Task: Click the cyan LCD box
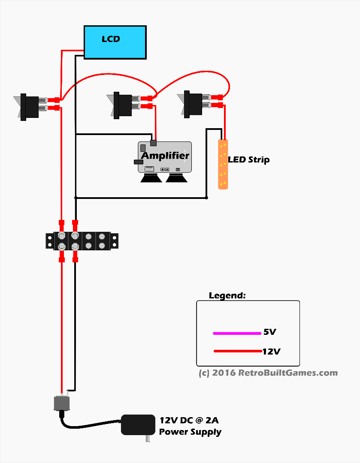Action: tap(115, 42)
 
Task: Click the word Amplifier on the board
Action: tap(165, 156)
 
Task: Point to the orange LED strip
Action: tap(223, 164)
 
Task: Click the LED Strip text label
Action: tap(249, 160)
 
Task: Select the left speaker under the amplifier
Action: tap(151, 177)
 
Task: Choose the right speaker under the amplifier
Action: tap(177, 177)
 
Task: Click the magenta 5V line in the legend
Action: tap(237, 333)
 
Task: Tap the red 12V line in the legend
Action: tap(237, 352)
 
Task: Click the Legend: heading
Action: tap(227, 296)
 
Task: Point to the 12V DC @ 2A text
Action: tap(189, 420)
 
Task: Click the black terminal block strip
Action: tap(82, 241)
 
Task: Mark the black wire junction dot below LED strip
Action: tap(206, 198)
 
